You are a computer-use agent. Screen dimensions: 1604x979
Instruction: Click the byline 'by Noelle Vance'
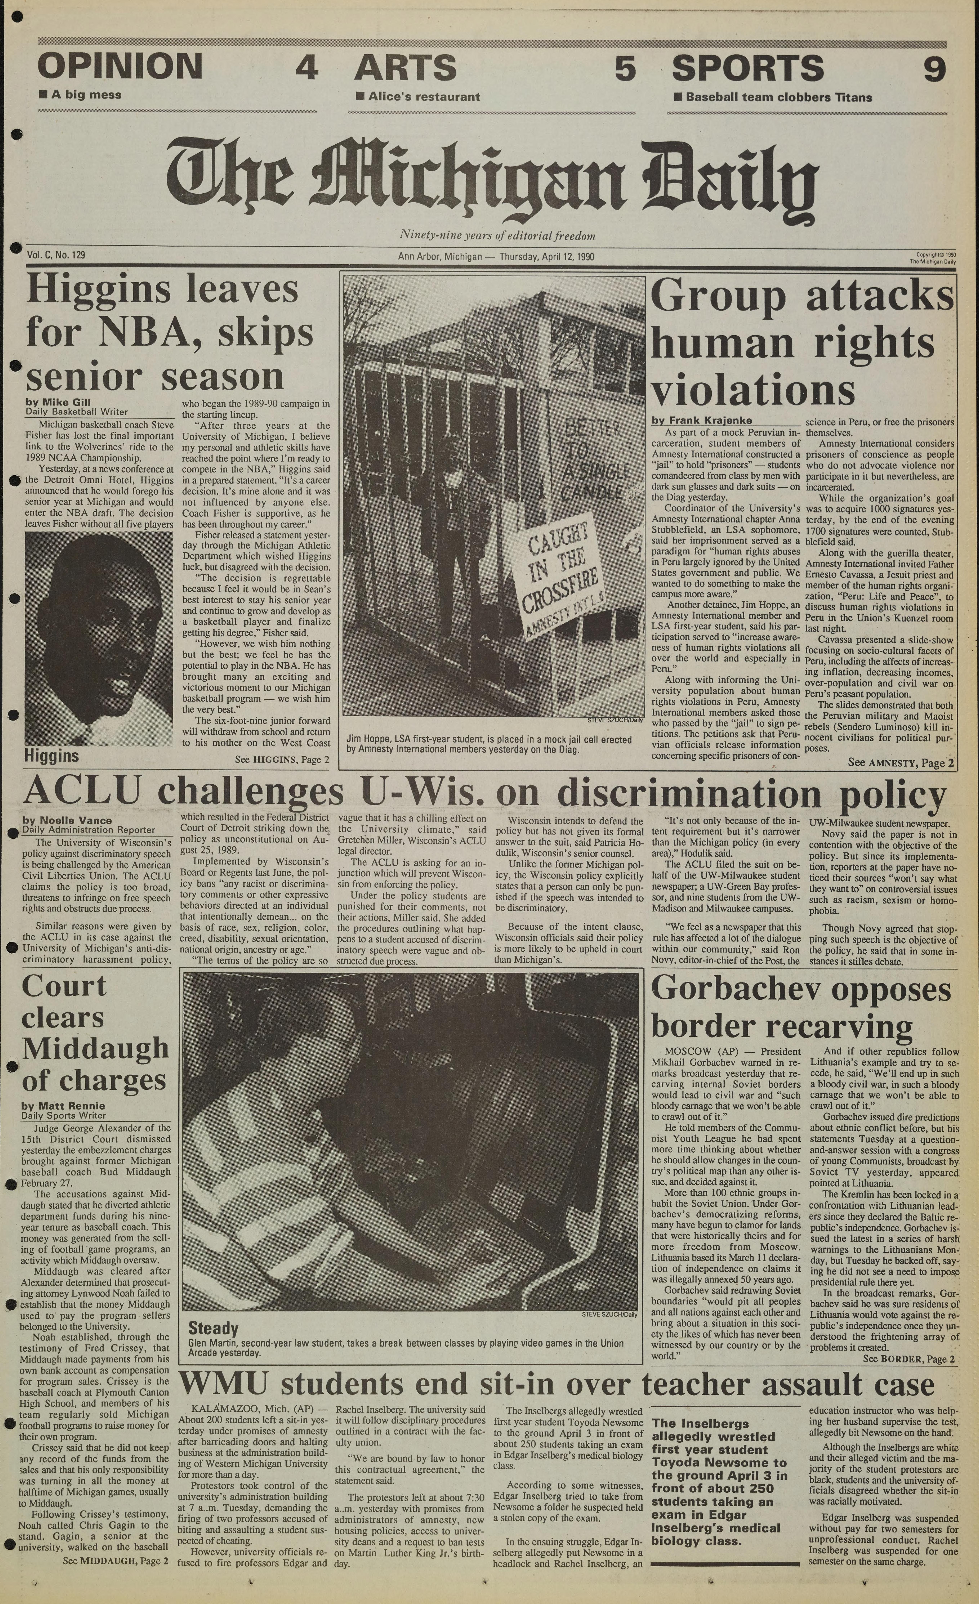(x=67, y=820)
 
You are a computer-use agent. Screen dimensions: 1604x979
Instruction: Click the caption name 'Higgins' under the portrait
(x=51, y=756)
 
